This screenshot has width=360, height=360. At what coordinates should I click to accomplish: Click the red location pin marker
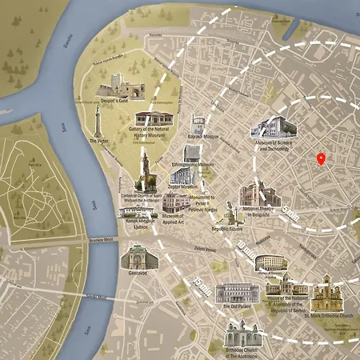point(321,158)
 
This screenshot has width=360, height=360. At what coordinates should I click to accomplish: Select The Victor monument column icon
point(98,124)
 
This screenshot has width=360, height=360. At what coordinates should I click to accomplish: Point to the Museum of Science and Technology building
point(270,126)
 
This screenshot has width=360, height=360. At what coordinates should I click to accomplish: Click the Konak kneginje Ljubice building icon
point(137,210)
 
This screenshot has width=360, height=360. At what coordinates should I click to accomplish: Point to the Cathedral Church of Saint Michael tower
point(145,170)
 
